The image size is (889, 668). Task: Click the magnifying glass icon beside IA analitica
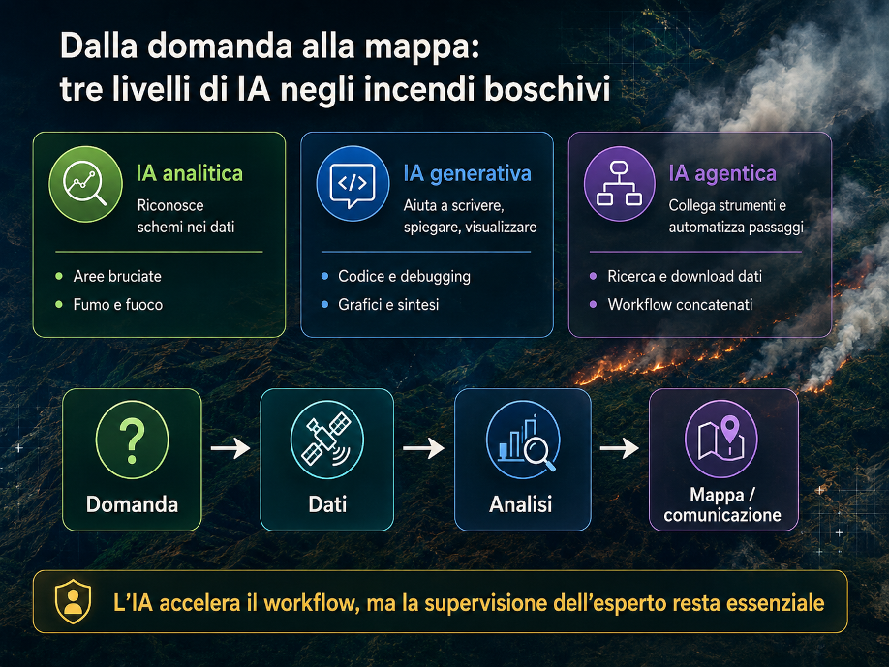click(85, 184)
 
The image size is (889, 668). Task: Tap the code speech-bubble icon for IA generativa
click(353, 184)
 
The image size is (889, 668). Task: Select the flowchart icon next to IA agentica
click(620, 184)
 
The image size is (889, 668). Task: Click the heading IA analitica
click(190, 173)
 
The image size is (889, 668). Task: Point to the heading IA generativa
click(467, 173)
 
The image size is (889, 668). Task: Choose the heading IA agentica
click(722, 173)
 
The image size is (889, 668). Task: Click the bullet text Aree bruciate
click(117, 277)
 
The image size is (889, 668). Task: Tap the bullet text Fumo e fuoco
click(118, 305)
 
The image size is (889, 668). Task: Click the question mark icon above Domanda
click(132, 440)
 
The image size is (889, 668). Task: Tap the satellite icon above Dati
click(327, 440)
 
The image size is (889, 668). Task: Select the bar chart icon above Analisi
click(523, 440)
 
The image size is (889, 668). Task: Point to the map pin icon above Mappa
click(721, 439)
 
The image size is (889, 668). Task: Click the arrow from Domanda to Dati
click(230, 448)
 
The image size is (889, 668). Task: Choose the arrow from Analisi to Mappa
click(620, 448)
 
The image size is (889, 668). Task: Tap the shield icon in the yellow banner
click(74, 602)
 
